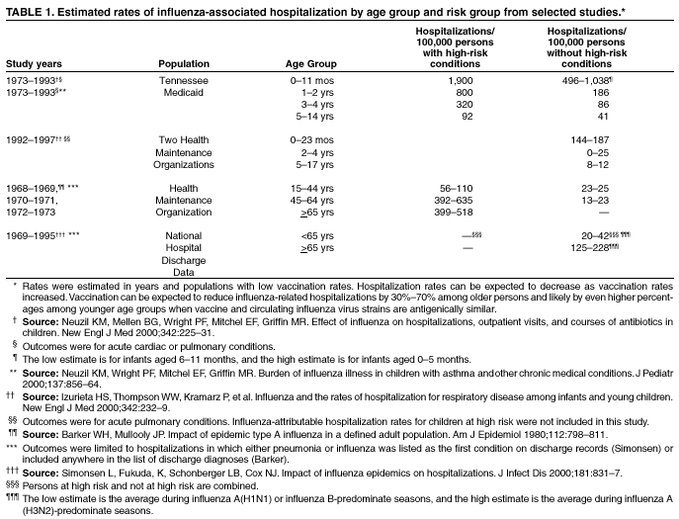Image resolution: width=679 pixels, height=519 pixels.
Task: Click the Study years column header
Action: (x=35, y=64)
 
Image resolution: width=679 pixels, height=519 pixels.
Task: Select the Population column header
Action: (x=184, y=64)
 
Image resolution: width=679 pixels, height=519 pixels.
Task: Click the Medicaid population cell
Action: (x=184, y=90)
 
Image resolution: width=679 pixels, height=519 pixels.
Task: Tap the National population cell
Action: (x=184, y=235)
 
